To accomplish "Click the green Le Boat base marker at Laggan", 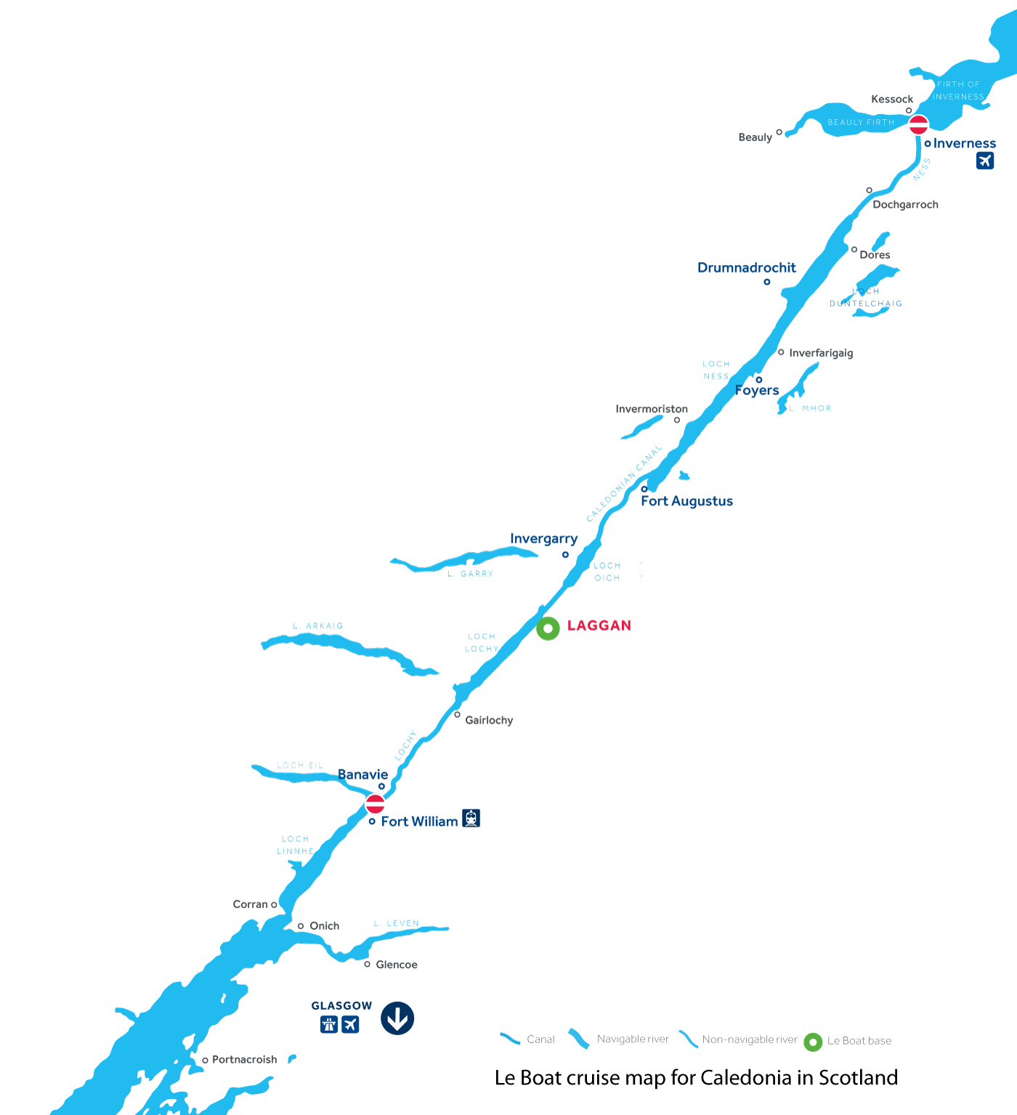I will [548, 628].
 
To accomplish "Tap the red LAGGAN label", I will [599, 625].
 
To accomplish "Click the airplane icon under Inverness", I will [984, 161].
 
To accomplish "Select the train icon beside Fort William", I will [471, 819].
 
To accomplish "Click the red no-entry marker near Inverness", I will [918, 124].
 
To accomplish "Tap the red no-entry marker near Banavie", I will [375, 803].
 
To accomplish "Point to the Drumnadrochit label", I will [746, 267].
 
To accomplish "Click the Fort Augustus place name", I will [686, 501].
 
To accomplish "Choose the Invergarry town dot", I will [565, 555].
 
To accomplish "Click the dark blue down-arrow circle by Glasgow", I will [397, 1018].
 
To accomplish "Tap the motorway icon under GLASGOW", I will [329, 1024].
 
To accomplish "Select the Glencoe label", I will [397, 965].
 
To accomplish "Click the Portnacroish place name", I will [244, 1060].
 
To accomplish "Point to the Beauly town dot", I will [779, 132].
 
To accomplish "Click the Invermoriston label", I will [652, 409].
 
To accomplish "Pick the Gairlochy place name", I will [489, 721].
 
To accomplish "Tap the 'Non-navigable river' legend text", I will [750, 1039].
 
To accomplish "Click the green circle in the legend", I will [813, 1042].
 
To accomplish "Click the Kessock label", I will [892, 100].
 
